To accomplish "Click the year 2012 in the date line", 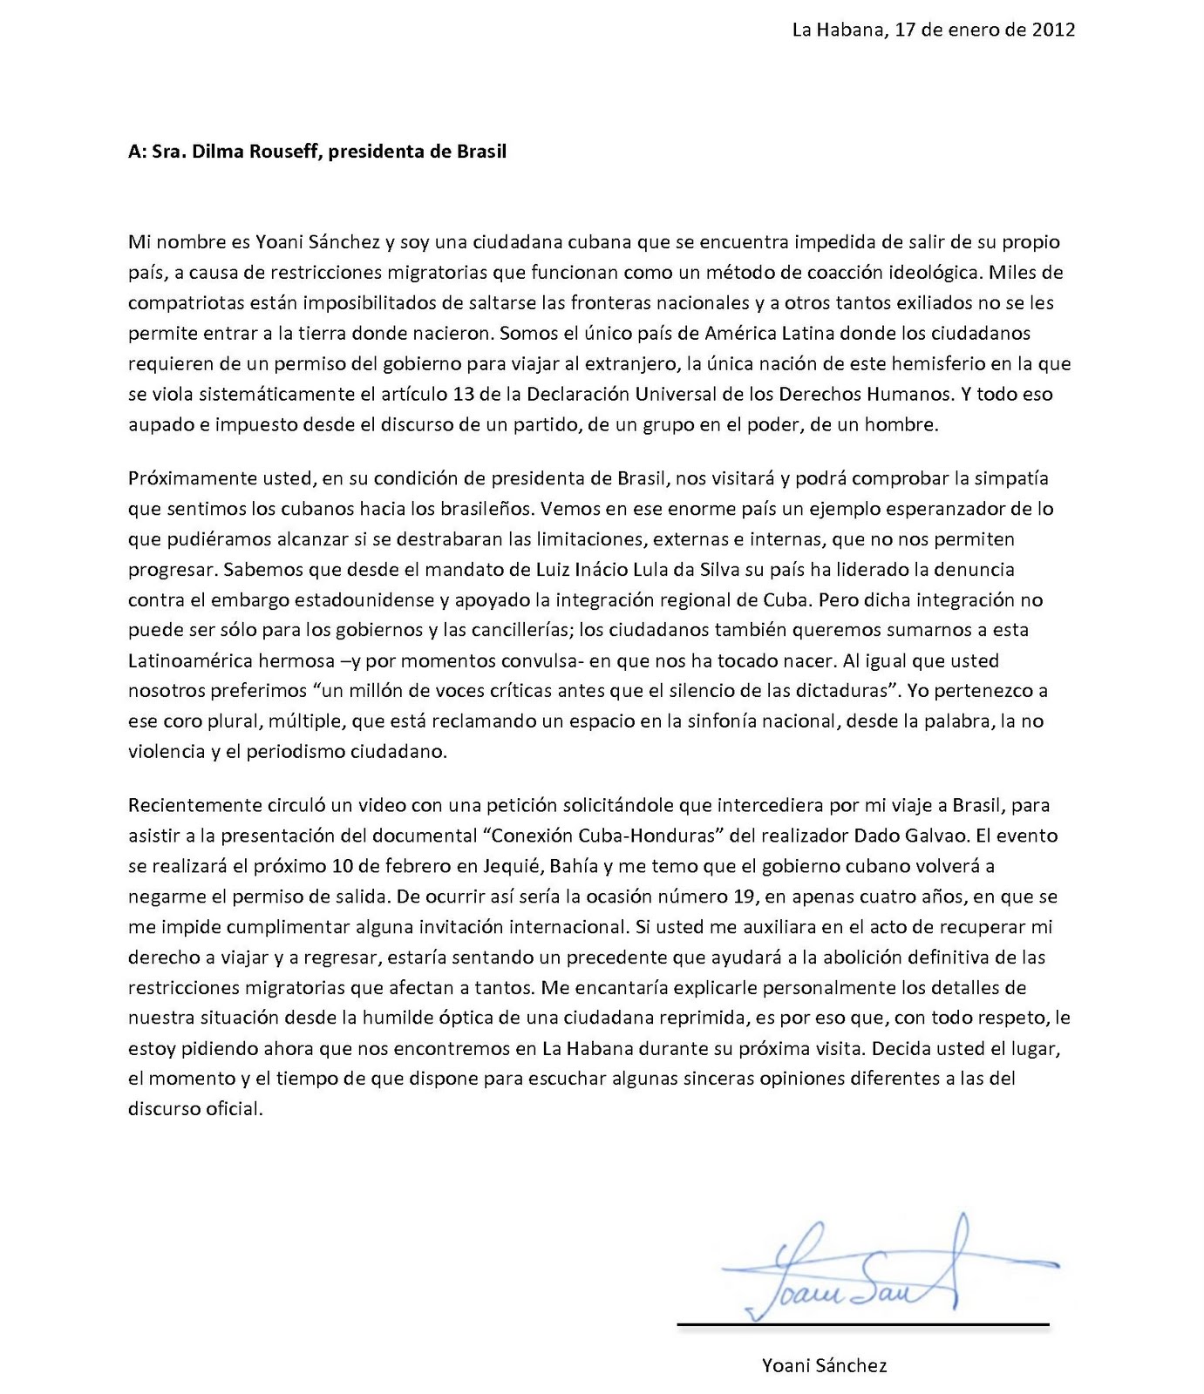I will [x=1053, y=30].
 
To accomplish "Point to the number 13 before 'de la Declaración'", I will [x=463, y=394].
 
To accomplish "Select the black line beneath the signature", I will [x=863, y=1325].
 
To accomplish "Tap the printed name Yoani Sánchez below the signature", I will [x=824, y=1365].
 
